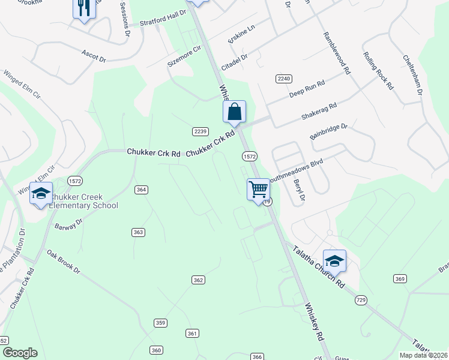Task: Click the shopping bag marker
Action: (x=234, y=112)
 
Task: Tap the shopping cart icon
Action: (x=258, y=189)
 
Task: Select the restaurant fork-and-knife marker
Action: (x=83, y=8)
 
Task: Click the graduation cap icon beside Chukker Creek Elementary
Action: (x=41, y=194)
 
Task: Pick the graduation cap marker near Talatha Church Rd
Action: (x=334, y=260)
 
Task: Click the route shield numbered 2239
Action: (x=200, y=131)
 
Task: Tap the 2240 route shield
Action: (x=284, y=79)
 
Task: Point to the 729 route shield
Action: (x=361, y=299)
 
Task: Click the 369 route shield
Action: (x=400, y=278)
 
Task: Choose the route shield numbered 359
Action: (x=160, y=323)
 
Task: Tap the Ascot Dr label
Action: (x=94, y=54)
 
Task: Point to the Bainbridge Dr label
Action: (x=329, y=131)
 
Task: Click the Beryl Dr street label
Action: (x=298, y=189)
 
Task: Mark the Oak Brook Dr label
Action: (x=63, y=262)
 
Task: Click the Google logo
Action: (x=20, y=353)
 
